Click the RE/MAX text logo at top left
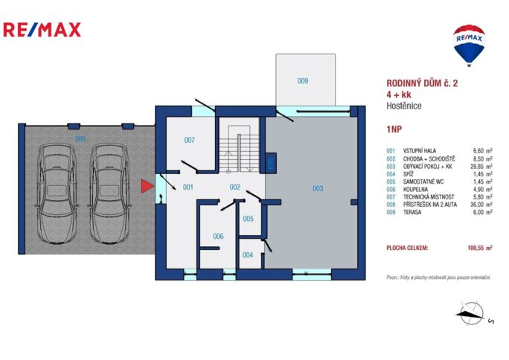(42, 30)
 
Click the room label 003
(317, 189)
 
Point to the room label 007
(189, 140)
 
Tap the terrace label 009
(303, 81)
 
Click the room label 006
(218, 236)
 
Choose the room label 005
(248, 219)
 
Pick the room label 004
(248, 254)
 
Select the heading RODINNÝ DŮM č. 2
(422, 84)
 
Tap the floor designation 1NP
(395, 129)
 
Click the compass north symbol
(470, 313)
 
